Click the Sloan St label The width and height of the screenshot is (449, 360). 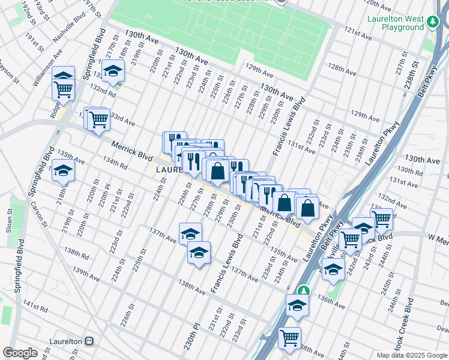10,220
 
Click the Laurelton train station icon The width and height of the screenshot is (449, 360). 89,341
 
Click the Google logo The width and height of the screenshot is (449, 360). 20,353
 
